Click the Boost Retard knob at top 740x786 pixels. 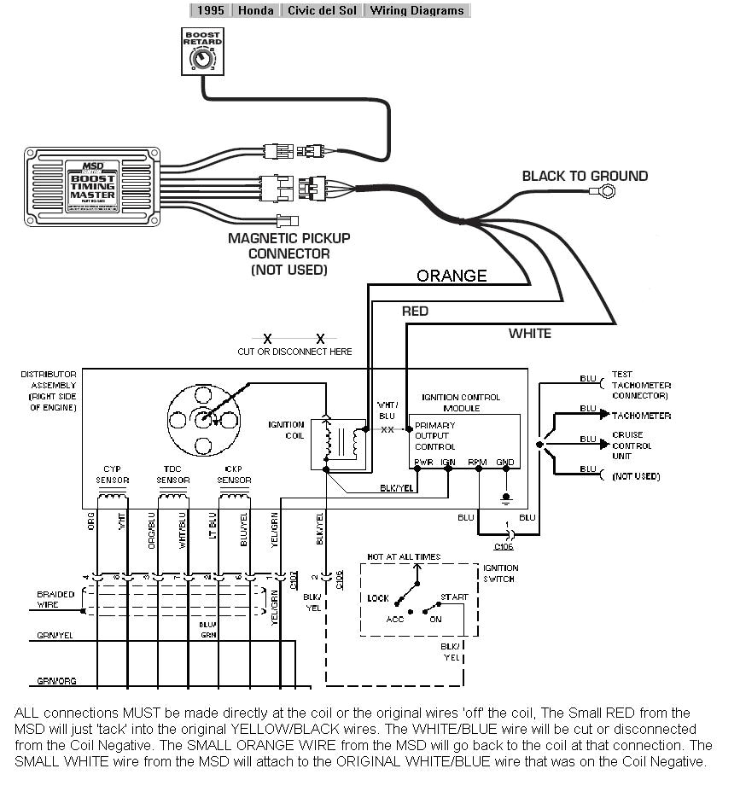coord(202,60)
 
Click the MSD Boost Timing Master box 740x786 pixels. coord(91,185)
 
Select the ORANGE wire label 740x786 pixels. coord(452,276)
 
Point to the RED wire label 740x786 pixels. coord(415,311)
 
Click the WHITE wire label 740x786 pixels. coord(529,333)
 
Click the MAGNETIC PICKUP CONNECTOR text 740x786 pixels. coord(288,253)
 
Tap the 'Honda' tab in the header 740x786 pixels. coord(256,10)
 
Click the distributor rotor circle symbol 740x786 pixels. coord(202,419)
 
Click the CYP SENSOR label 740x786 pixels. coord(112,475)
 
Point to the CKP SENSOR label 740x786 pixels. coord(234,475)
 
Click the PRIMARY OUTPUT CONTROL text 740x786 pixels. coord(435,435)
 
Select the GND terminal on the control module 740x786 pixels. coord(505,463)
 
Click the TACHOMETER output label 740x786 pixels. coord(641,416)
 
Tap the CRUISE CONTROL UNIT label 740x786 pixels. coord(632,445)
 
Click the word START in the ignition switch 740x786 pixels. coord(453,597)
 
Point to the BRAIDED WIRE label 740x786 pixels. coord(55,599)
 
